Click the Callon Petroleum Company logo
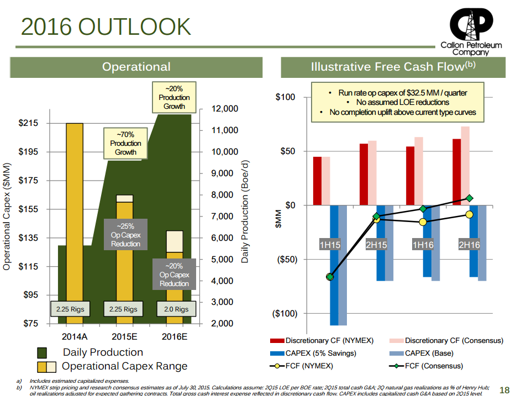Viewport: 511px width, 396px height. click(471, 26)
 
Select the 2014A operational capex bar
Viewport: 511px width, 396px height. click(74, 221)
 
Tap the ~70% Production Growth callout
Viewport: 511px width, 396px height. click(125, 143)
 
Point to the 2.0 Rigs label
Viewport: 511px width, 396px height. click(176, 309)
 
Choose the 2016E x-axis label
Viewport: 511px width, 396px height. click(176, 337)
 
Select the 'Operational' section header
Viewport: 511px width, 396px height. click(136, 67)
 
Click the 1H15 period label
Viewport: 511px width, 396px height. click(330, 245)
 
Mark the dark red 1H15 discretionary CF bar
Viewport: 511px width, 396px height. click(317, 181)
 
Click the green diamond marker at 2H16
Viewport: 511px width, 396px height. click(470, 198)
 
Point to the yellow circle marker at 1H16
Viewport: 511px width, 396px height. click(423, 222)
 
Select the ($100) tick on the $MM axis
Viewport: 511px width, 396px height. click(286, 314)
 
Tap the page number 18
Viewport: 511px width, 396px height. click(503, 390)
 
